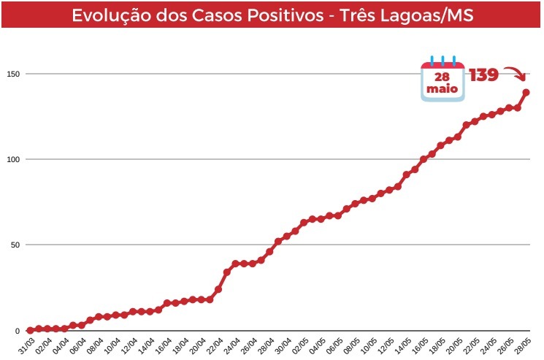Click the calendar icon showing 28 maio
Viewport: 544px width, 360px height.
[442, 78]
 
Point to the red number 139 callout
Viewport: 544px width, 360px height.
[483, 74]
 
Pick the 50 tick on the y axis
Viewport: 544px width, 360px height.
[13, 245]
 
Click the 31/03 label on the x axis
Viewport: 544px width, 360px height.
[27, 344]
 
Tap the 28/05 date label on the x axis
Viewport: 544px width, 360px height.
[524, 344]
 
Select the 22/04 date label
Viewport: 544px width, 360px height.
[215, 344]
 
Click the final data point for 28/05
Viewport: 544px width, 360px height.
[526, 92]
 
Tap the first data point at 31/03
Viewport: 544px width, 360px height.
[30, 330]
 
